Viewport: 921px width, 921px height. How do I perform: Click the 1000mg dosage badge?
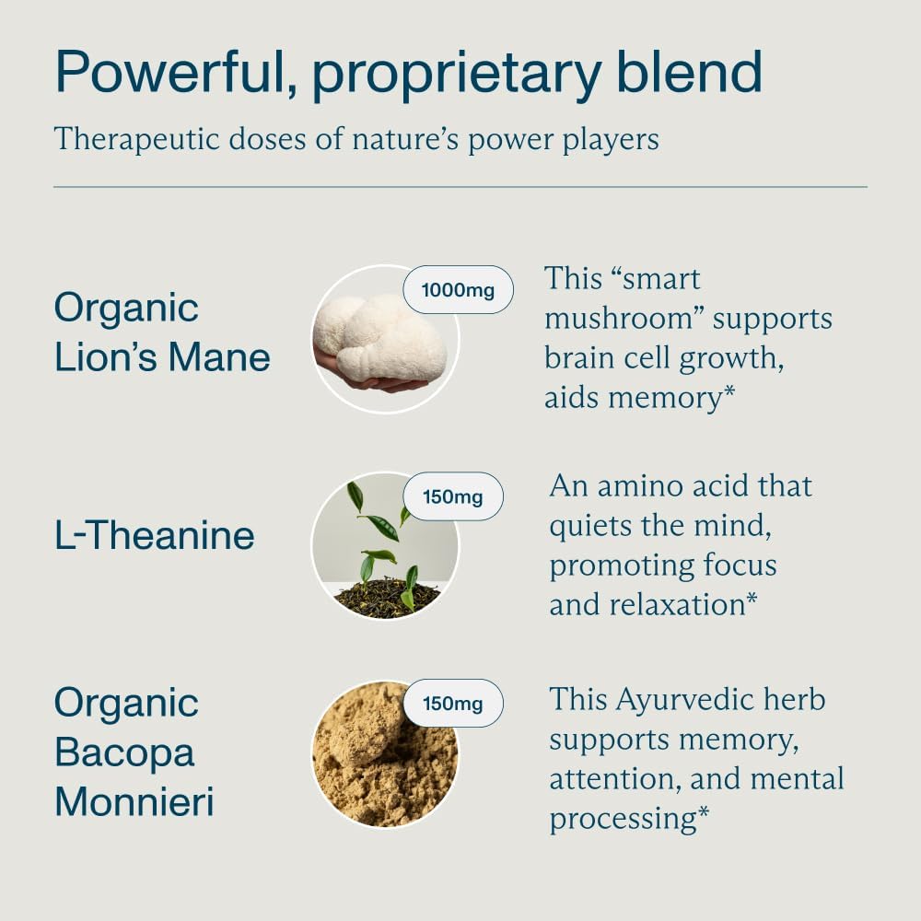(458, 290)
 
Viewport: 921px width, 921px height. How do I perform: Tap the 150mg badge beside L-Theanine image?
(452, 497)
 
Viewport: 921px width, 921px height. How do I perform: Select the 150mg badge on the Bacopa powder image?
(452, 705)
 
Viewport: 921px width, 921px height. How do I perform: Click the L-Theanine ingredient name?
(155, 535)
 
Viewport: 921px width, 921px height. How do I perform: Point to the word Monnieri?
(134, 801)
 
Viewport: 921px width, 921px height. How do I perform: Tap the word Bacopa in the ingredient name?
(124, 752)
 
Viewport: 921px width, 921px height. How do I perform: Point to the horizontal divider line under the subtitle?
(460, 187)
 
